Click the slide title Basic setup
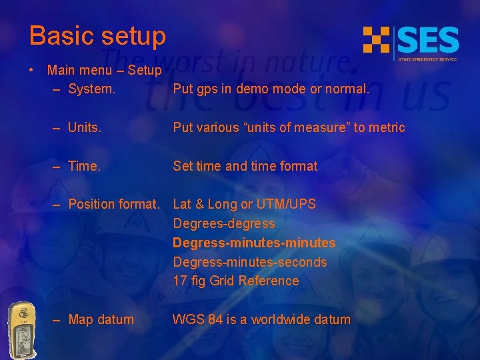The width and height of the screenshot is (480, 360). pos(97,36)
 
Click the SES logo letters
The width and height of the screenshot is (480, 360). pos(428,41)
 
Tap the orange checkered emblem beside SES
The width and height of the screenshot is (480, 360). pos(376,40)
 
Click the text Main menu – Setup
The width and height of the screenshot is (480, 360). pos(104,70)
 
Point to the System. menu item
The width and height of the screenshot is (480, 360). pos(91,89)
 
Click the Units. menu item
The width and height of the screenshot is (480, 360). pos(85,127)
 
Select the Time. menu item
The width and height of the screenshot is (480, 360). pos(84,166)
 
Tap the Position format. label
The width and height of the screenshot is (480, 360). pos(114,204)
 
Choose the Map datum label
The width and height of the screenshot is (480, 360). pos(101,319)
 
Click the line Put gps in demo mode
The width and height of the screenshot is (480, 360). pos(271,89)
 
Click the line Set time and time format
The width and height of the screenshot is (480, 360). pos(245,166)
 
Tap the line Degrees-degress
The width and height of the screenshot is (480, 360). pos(224,223)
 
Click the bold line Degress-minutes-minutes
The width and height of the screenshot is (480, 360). pos(254,243)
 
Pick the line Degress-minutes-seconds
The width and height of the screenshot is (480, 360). pos(250,262)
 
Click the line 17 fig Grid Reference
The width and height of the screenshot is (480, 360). pos(236,281)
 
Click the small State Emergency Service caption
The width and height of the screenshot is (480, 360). pos(427,59)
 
